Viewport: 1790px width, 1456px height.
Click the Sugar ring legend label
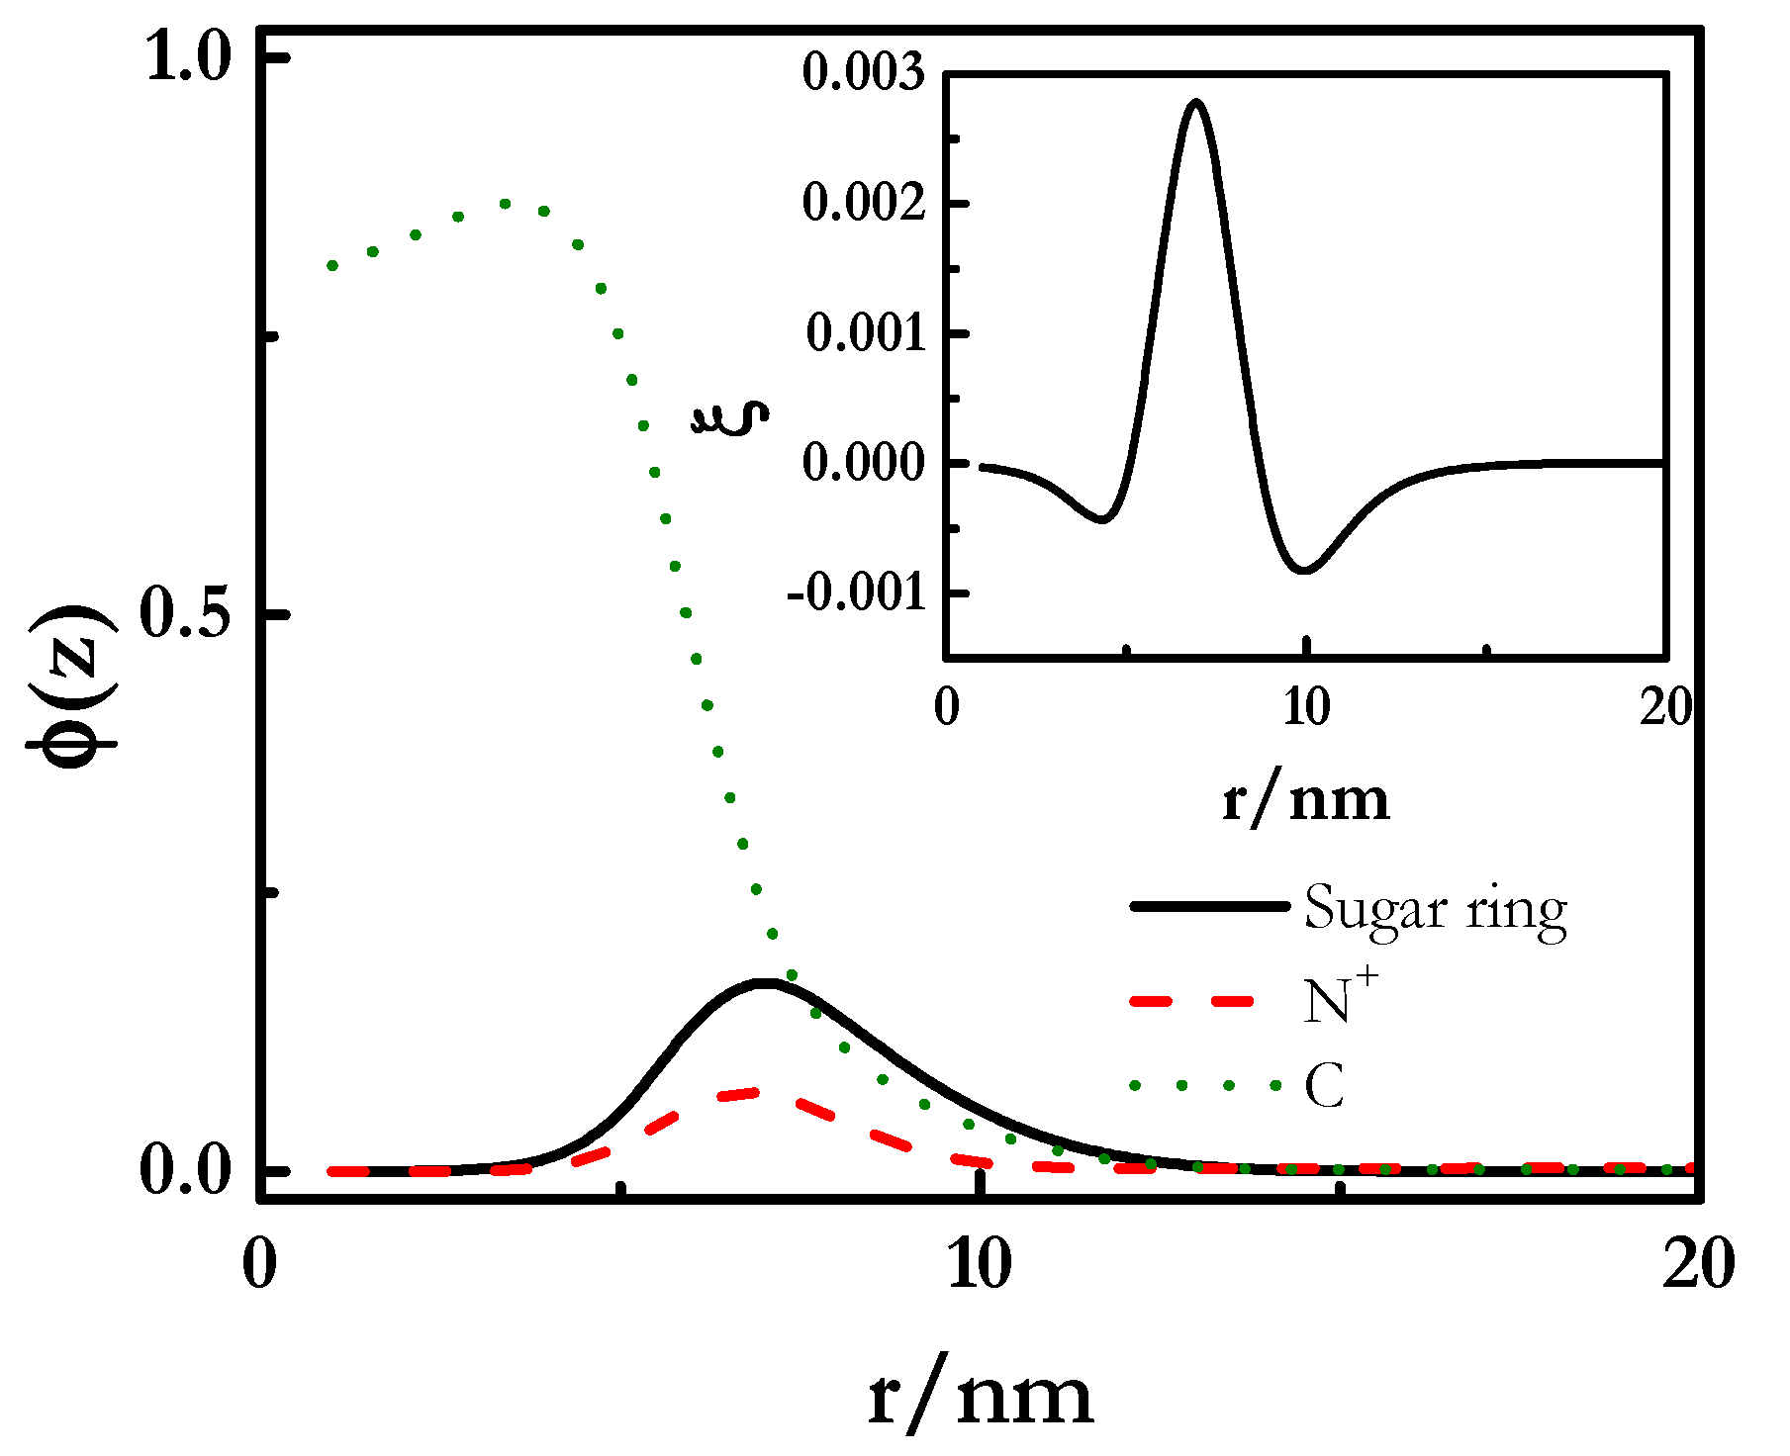1435,908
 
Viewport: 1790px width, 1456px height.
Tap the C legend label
1324,1086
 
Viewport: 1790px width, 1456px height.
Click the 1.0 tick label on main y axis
189,57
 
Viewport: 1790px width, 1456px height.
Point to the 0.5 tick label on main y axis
189,614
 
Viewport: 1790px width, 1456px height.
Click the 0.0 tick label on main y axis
189,1171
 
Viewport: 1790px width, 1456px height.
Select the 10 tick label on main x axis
979,1264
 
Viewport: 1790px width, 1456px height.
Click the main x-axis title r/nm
980,1395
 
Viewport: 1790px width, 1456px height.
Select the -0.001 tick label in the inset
857,592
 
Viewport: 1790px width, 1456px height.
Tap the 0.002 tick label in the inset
864,203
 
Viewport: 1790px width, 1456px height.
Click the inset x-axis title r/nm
1306,799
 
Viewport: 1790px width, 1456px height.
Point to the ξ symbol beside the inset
729,417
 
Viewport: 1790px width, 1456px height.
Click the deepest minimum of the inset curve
1306,571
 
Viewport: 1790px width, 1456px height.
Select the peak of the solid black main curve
764,982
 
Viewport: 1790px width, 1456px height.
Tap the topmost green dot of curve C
506,204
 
